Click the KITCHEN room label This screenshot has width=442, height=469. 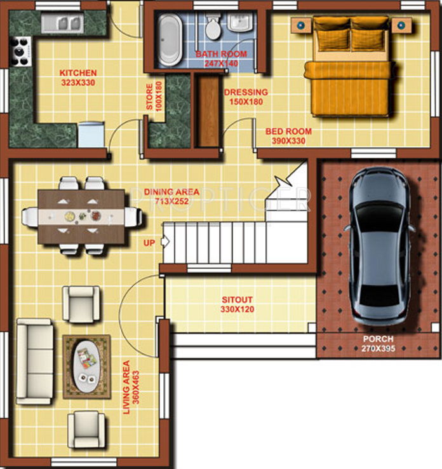[79, 73]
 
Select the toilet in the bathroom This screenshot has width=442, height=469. [212, 26]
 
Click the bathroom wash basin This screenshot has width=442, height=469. [240, 22]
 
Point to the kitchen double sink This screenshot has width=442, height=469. [62, 24]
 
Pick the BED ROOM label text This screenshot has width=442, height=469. [288, 132]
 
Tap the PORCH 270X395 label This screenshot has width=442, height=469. [378, 343]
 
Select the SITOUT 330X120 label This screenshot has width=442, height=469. [238, 304]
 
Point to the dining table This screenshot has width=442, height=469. [81, 216]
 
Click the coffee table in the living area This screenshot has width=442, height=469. [86, 367]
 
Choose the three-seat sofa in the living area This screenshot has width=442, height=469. [36, 361]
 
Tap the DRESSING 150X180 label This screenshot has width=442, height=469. [246, 97]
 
